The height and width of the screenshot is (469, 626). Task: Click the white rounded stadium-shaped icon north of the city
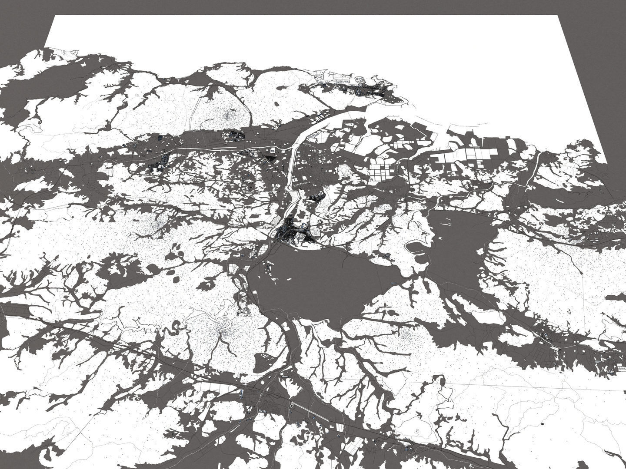pyautogui.click(x=273, y=150)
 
